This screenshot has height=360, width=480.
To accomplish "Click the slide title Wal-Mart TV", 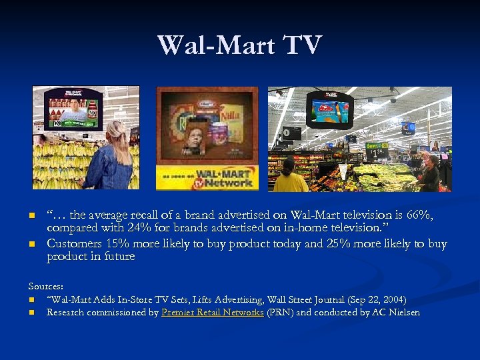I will coord(239,45).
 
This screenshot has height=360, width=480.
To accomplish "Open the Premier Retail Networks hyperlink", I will coord(213,312).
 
